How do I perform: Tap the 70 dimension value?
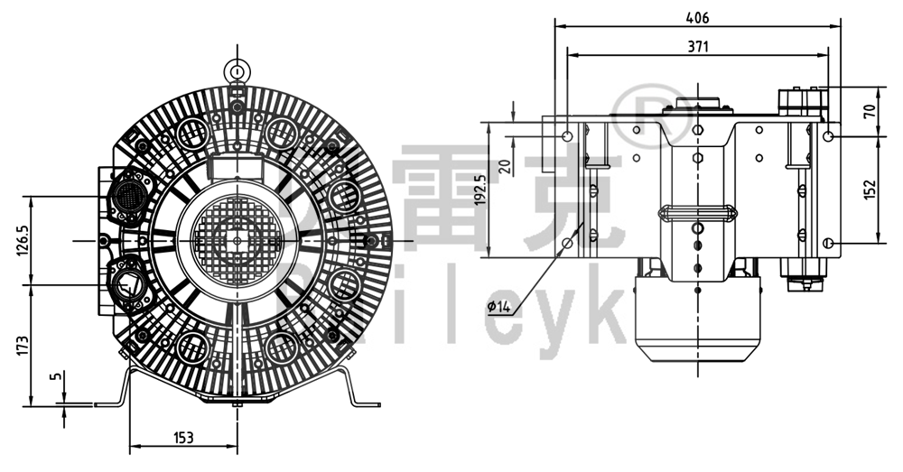[870, 112]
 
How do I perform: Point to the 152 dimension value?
[870, 190]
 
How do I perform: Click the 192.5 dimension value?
[479, 190]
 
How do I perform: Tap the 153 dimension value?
[183, 438]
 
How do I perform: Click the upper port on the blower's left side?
[127, 194]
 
